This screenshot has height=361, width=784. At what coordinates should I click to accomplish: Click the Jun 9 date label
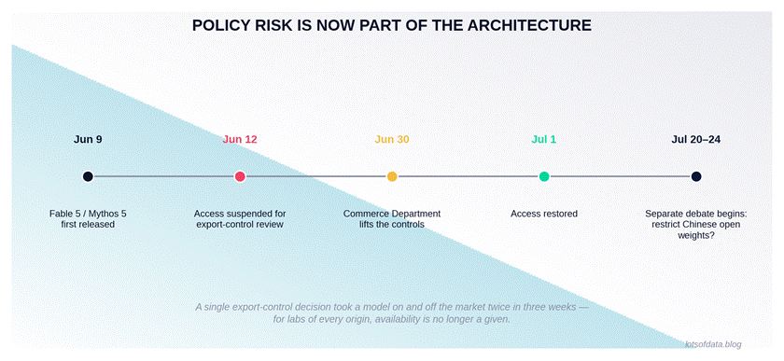point(88,140)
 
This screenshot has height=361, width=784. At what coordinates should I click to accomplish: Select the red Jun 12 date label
point(240,140)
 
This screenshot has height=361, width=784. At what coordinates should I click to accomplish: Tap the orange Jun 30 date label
point(392,140)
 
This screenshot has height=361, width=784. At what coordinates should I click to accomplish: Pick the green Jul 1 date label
point(543,140)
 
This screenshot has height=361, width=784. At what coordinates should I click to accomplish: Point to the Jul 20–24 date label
point(696,140)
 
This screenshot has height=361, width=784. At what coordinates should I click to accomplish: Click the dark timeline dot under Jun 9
point(88,176)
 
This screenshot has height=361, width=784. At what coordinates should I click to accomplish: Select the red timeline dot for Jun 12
point(240,176)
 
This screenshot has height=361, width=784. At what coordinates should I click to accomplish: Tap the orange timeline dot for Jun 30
point(392,176)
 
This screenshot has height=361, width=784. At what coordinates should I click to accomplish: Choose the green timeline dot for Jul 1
point(544,176)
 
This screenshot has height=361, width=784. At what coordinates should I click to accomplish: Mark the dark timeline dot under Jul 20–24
point(696,176)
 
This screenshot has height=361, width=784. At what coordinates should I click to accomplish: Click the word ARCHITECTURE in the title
point(529,25)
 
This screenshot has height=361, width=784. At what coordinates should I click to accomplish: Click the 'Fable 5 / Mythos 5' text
point(88,214)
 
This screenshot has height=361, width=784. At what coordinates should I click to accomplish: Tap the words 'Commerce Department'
point(392,214)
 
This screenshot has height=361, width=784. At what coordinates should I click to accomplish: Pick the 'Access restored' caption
point(544,214)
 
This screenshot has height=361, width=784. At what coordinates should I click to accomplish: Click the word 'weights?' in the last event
point(696,235)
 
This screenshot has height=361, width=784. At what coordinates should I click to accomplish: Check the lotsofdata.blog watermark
point(713,344)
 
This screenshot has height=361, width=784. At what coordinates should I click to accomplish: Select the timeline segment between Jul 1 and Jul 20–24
point(620,176)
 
